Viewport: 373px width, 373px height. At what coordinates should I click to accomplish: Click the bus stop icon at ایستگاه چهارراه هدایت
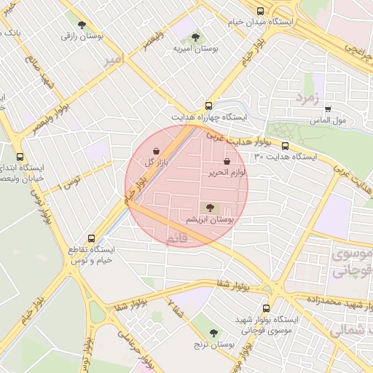click(x=209, y=106)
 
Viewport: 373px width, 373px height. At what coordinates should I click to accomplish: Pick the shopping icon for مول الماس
click(x=328, y=109)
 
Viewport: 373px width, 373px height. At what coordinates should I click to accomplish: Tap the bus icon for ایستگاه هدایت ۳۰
click(x=285, y=146)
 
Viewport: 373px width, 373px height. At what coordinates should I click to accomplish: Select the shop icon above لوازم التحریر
click(x=226, y=161)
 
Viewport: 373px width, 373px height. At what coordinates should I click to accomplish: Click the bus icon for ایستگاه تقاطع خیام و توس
click(x=91, y=237)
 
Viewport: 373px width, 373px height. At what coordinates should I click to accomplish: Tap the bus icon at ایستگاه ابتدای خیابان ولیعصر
click(x=20, y=156)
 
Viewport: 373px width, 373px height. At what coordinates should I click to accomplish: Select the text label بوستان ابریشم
click(x=208, y=219)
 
